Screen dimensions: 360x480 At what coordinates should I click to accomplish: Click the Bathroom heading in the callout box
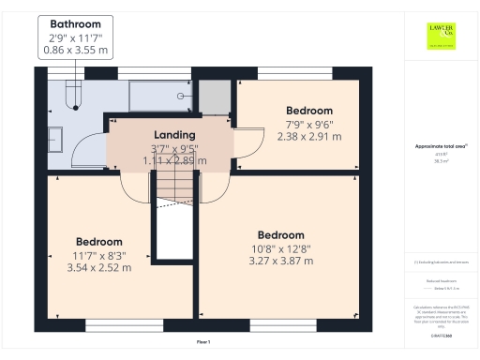tap(77, 22)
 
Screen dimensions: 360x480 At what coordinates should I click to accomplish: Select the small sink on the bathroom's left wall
tap(54, 133)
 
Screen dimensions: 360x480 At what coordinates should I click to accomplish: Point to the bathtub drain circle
tap(180, 95)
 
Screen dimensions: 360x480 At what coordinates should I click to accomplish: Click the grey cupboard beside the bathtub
tap(214, 97)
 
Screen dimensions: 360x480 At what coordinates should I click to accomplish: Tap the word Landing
tap(174, 134)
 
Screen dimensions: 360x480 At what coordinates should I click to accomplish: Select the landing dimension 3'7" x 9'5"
tap(174, 148)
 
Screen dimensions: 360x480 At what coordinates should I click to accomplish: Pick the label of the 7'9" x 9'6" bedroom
tap(308, 111)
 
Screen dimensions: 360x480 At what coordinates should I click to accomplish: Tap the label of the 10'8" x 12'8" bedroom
tap(280, 234)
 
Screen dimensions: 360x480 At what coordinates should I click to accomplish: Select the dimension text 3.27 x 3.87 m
tap(280, 261)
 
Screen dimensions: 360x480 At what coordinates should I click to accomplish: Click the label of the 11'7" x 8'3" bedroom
tap(98, 241)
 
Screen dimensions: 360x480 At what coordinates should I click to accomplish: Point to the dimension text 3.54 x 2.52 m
tap(98, 267)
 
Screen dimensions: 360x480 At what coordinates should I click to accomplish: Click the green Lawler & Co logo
tap(442, 35)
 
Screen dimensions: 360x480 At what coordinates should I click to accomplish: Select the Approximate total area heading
tap(441, 146)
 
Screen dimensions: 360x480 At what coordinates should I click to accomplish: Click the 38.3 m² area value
tap(441, 161)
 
